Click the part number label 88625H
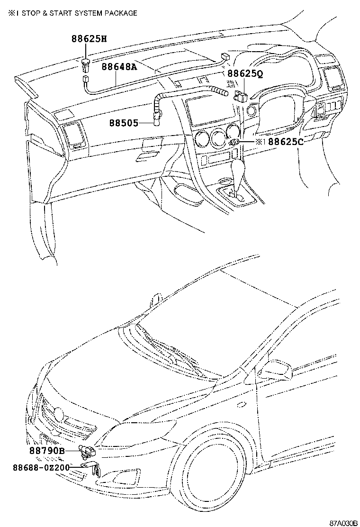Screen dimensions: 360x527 pyautogui.click(x=89, y=39)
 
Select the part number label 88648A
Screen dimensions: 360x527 pyautogui.click(x=119, y=67)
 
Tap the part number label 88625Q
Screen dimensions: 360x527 pyautogui.click(x=245, y=73)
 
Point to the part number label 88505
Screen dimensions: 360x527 pyautogui.click(x=124, y=123)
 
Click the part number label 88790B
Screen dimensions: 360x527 pyautogui.click(x=47, y=451)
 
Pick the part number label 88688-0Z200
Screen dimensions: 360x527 pyautogui.click(x=41, y=467)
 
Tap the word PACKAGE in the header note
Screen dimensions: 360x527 pyautogui.click(x=121, y=13)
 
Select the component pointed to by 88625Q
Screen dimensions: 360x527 pyautogui.click(x=240, y=97)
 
